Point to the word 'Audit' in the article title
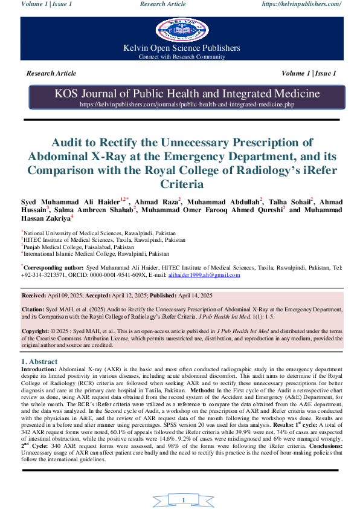point(70,143)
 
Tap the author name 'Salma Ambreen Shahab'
point(99,209)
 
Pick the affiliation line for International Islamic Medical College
point(97,254)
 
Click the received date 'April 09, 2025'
point(68,296)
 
